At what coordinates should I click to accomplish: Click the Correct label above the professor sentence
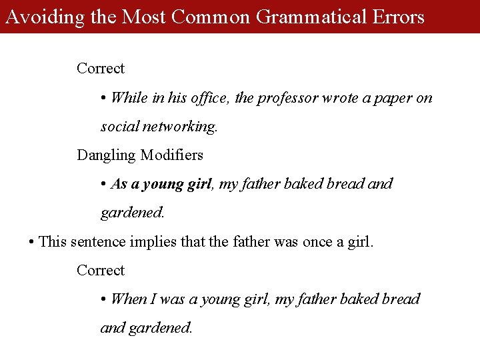coord(101,68)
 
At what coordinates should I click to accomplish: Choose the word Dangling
coord(106,155)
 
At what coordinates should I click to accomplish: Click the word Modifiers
coord(171,155)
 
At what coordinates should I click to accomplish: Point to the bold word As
coord(119,184)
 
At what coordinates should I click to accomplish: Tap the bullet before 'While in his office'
coord(104,99)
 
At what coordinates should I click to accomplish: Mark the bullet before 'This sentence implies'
coord(32,242)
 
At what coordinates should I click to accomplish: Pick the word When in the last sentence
coord(129,299)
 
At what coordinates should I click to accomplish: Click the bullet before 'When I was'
coord(104,300)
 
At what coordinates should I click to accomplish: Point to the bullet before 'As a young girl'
coord(104,185)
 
